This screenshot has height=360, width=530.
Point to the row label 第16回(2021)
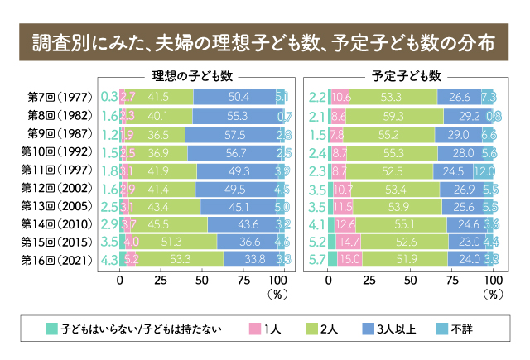click(63, 260)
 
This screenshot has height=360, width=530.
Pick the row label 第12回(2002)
click(63, 188)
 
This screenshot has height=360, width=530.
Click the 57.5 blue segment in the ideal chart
click(232, 133)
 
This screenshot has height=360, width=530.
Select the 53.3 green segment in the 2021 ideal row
click(179, 260)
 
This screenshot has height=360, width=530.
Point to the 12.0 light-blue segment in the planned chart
click(484, 170)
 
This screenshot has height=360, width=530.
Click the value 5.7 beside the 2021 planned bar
click(316, 260)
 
